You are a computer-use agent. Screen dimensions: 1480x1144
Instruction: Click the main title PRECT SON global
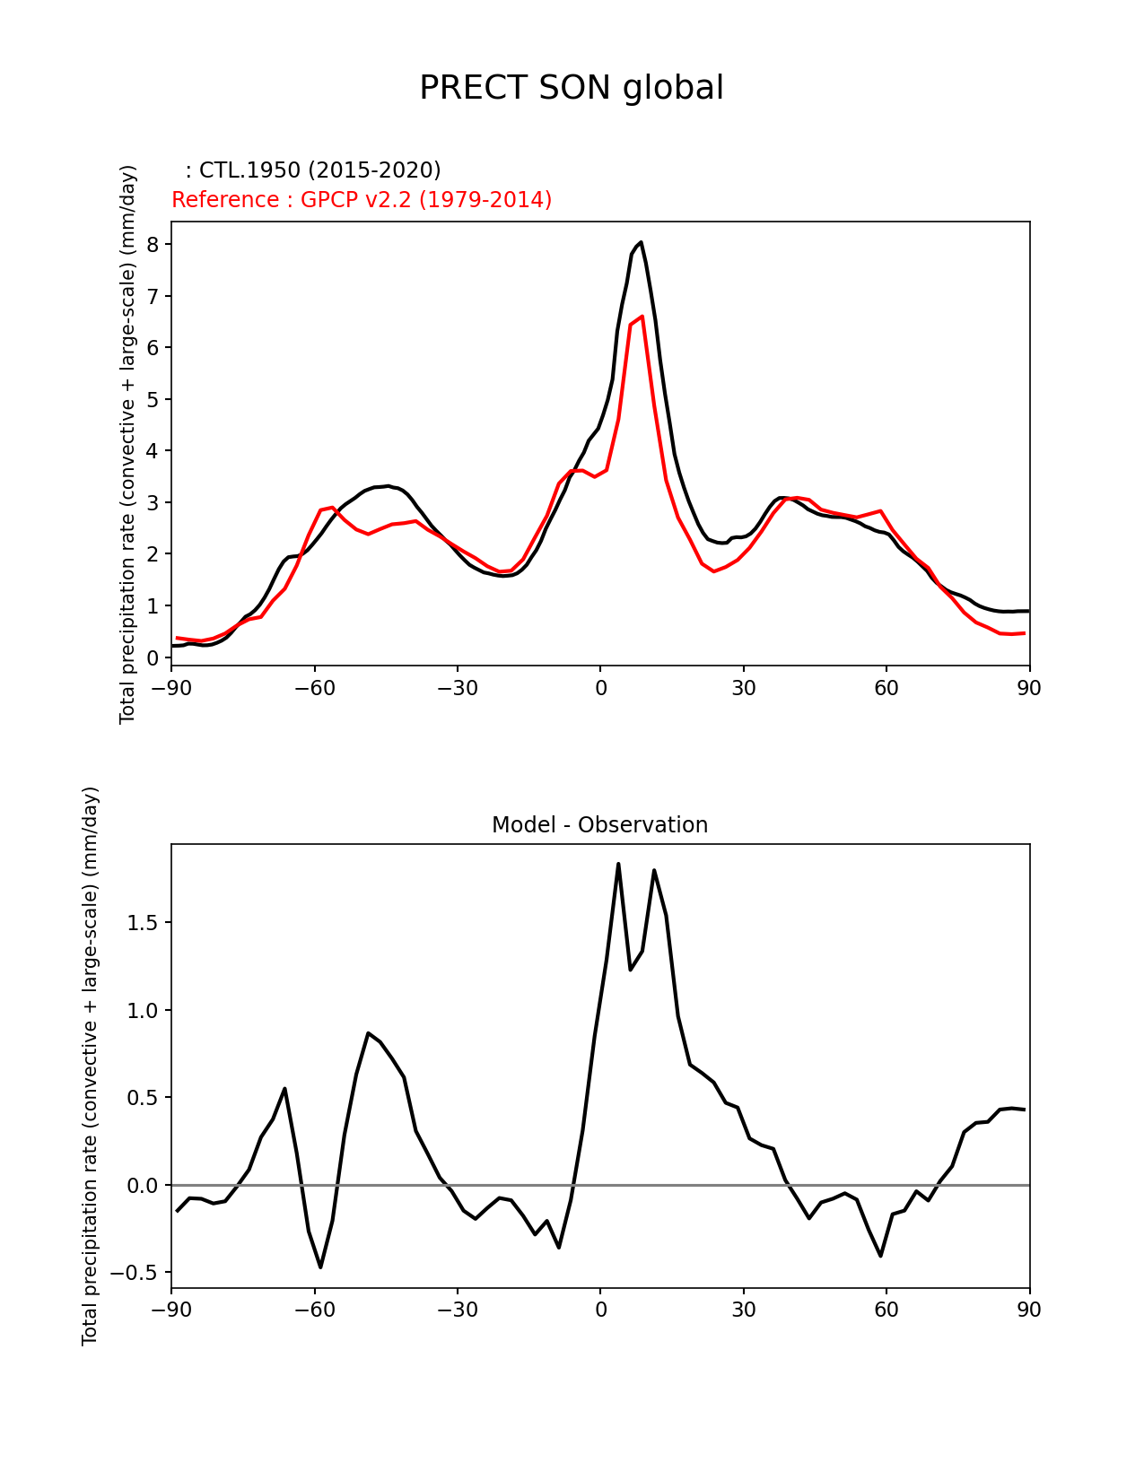(x=572, y=88)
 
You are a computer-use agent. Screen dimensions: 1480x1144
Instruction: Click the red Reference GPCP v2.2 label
(x=362, y=200)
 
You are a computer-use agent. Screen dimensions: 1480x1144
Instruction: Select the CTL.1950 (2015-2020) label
(x=313, y=170)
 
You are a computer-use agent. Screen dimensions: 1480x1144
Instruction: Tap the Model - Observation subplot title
(x=599, y=825)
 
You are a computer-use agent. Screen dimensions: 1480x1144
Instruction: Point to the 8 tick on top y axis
(x=153, y=245)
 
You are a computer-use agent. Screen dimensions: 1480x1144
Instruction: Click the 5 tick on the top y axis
(x=153, y=399)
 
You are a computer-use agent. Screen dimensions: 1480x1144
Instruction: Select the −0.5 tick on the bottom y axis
(x=136, y=1273)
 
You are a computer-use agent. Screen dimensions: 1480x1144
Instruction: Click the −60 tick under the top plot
(x=314, y=688)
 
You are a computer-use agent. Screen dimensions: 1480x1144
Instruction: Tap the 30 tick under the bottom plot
(x=743, y=1310)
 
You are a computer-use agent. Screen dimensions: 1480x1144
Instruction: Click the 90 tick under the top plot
(x=1029, y=688)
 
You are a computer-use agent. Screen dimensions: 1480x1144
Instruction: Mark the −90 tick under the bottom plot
(x=171, y=1310)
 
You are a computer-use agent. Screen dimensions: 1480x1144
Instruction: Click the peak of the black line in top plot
(x=641, y=242)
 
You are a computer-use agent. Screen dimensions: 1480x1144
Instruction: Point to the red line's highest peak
(x=642, y=317)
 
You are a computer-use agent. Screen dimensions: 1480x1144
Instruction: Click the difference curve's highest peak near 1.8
(x=618, y=864)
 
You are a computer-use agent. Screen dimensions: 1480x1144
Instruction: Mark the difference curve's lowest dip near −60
(x=320, y=1267)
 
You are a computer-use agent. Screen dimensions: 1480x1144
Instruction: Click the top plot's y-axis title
(x=127, y=444)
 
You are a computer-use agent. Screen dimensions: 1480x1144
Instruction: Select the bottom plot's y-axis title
(x=90, y=1066)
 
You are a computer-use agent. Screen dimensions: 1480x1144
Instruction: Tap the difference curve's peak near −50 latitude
(x=368, y=1033)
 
